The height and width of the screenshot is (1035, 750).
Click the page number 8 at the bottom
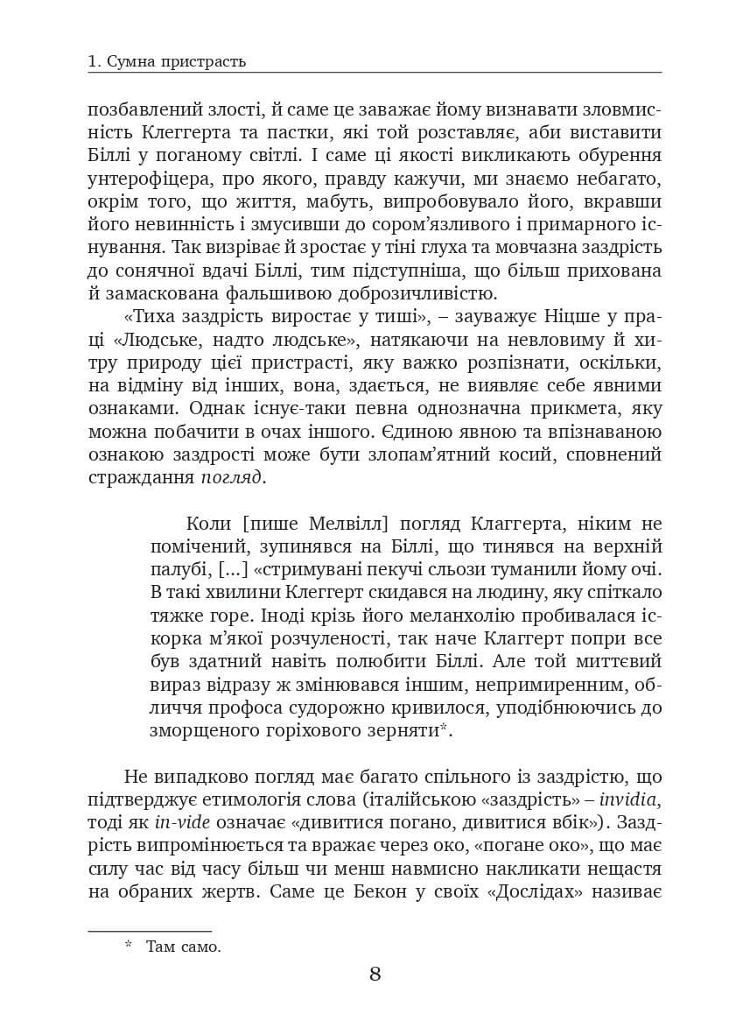[375, 974]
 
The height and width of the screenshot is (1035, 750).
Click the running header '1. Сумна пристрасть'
[167, 61]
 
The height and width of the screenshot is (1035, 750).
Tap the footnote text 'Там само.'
[184, 946]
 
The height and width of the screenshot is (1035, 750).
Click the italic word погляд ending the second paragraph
[231, 477]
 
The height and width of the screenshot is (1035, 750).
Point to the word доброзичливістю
[410, 293]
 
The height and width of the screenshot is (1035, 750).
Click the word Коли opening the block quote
[207, 524]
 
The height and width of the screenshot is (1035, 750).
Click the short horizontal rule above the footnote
[150, 931]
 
